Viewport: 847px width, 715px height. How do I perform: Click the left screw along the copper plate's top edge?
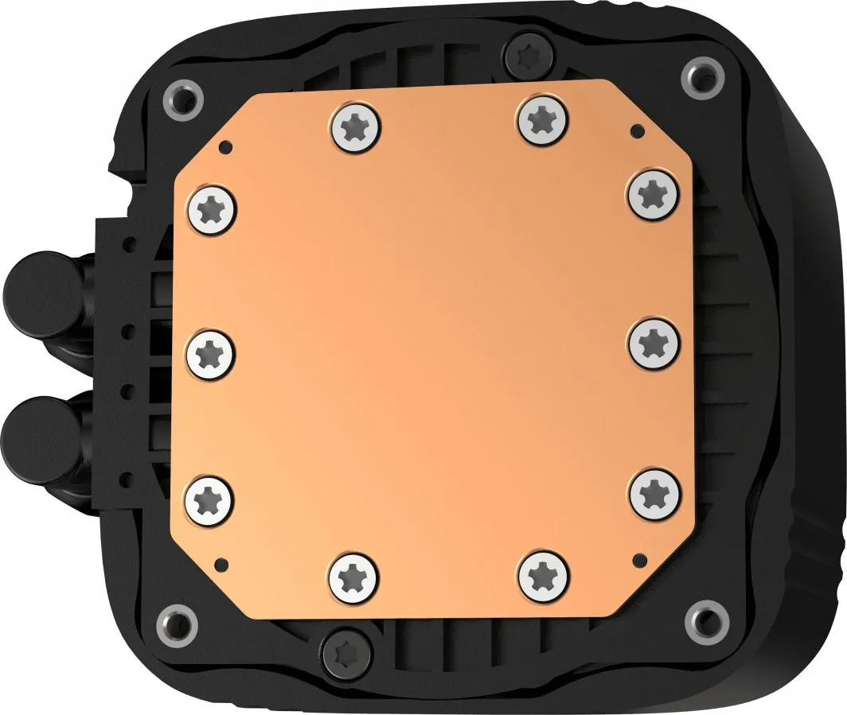(x=354, y=126)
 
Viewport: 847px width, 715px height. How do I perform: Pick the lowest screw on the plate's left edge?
(x=211, y=499)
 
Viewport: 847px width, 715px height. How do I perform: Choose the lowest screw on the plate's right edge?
(x=655, y=492)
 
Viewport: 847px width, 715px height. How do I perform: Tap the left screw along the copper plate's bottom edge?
(x=352, y=576)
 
